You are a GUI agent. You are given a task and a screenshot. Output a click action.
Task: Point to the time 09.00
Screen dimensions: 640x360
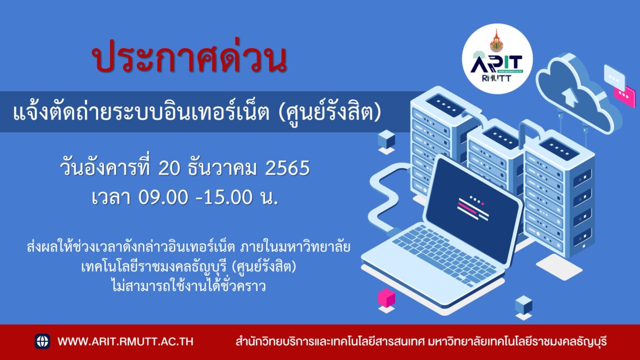163,197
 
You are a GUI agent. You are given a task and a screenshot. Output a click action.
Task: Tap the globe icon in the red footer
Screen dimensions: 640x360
42,341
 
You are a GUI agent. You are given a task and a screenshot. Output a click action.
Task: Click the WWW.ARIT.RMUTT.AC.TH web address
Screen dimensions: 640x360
125,342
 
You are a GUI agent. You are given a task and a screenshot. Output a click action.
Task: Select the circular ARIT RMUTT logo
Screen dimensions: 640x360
497,59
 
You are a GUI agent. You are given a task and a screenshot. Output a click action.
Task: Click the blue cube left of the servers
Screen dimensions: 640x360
386,139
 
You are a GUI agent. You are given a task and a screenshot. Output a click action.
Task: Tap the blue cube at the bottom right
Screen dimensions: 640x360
523,305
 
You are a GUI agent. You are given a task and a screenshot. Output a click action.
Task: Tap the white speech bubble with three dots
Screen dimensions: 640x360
614,76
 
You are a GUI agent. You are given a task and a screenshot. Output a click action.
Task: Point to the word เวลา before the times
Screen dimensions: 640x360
111,197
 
